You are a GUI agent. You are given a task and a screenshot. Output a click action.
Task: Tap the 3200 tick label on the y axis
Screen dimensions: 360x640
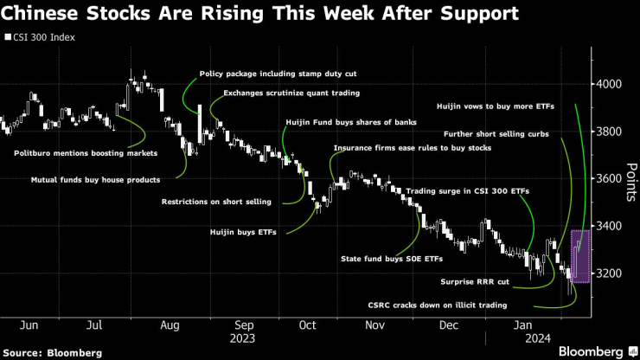coord(611,273)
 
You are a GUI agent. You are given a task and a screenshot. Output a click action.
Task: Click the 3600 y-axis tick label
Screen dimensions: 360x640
coord(611,179)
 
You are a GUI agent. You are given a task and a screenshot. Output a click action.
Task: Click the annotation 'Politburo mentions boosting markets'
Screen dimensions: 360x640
coord(86,153)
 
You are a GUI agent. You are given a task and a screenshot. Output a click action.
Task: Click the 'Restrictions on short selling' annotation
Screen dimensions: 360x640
coord(216,202)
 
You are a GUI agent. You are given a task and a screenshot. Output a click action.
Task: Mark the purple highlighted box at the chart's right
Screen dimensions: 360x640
coord(579,256)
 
